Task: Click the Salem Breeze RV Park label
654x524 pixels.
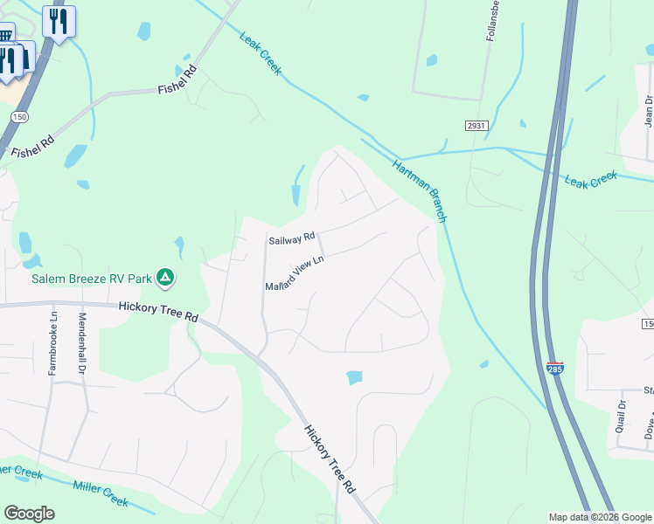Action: pos(91,279)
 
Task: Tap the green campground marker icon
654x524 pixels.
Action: pos(165,279)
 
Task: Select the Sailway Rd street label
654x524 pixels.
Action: pos(291,239)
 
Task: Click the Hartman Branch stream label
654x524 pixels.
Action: pos(420,191)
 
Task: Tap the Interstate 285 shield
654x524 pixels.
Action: pos(554,368)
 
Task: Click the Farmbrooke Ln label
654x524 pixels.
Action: pos(53,343)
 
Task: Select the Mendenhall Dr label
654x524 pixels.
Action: pos(83,343)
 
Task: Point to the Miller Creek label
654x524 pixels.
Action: pos(101,493)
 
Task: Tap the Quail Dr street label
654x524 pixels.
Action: pos(622,417)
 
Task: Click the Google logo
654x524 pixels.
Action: pos(29,514)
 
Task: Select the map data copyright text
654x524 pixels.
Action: pos(600,517)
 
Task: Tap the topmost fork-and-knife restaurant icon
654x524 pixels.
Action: pos(59,21)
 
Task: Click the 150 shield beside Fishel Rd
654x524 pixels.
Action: pos(19,115)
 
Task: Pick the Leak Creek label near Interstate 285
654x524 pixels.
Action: pos(591,179)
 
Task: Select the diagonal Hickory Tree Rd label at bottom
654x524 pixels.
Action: pos(330,458)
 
